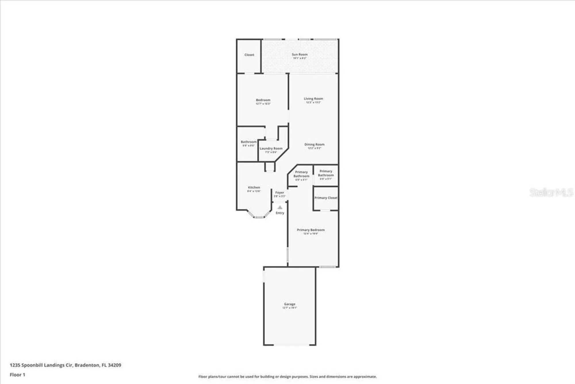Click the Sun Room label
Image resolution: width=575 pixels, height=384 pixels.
coord(300,54)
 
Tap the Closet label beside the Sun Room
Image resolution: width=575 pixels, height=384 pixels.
coord(249,55)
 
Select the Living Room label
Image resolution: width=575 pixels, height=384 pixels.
coord(313,99)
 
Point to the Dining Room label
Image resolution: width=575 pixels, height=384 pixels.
coord(314,145)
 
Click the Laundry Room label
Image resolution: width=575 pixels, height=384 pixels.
coord(271,149)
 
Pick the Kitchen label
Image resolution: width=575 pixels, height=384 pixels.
coord(254,187)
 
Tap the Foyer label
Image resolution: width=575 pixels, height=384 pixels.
coord(279,193)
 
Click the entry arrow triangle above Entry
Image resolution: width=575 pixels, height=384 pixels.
coord(280,207)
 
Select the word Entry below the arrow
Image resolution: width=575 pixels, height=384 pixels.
coord(280,213)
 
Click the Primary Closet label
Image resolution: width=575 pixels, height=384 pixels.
coord(326,198)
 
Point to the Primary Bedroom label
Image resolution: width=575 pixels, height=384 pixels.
coord(310,230)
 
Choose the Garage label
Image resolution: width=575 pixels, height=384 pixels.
coord(290,304)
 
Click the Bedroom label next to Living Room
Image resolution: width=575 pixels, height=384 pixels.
coord(263,100)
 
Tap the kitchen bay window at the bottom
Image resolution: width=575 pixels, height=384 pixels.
coord(259,217)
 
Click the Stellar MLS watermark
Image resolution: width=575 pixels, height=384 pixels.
coord(551,193)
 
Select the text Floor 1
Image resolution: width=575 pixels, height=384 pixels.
coord(18,375)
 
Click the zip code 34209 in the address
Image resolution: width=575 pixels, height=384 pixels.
coord(114,365)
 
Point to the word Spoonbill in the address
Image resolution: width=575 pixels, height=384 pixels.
coord(32,365)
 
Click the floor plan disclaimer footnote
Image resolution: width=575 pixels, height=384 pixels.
coord(287,377)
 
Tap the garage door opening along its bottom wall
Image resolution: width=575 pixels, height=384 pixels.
coord(290,345)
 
